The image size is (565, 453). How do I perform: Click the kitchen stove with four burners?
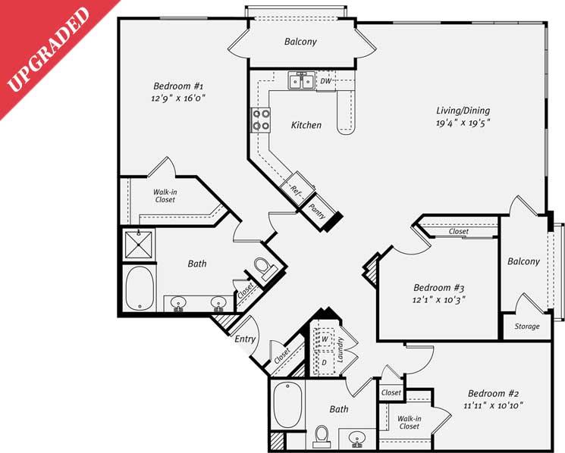261,120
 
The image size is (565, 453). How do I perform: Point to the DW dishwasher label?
325,80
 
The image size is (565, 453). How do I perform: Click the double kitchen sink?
301,80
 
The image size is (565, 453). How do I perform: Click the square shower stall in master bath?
140,245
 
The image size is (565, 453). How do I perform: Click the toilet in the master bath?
263,269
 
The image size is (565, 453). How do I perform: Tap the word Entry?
245,339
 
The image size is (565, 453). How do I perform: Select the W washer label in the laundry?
325,339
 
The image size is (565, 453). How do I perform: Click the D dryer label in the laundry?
325,362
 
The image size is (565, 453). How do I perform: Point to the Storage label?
527,326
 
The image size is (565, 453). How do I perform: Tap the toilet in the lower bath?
322,435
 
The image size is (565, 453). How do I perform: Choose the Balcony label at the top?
300,42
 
